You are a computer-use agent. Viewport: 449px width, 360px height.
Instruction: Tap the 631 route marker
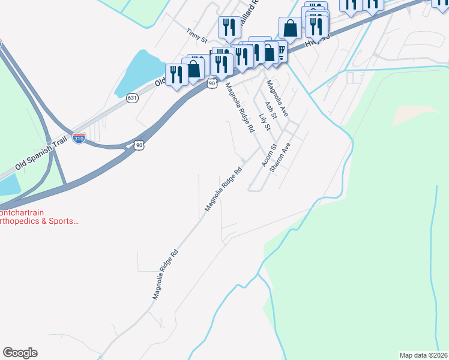(132, 97)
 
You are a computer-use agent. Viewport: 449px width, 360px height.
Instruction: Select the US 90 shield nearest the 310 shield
(139, 145)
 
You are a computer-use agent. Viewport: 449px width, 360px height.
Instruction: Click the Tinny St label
(196, 35)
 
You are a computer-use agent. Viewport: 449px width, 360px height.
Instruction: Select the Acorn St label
(268, 155)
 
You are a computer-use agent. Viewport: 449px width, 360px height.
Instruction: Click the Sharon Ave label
(280, 158)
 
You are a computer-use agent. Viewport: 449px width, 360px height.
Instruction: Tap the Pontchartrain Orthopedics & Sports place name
(38, 217)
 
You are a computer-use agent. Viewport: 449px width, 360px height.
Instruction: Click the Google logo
(20, 353)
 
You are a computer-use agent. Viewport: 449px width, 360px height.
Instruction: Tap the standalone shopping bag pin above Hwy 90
(290, 28)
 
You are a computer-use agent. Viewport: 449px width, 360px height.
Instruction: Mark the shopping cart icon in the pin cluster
(279, 52)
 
